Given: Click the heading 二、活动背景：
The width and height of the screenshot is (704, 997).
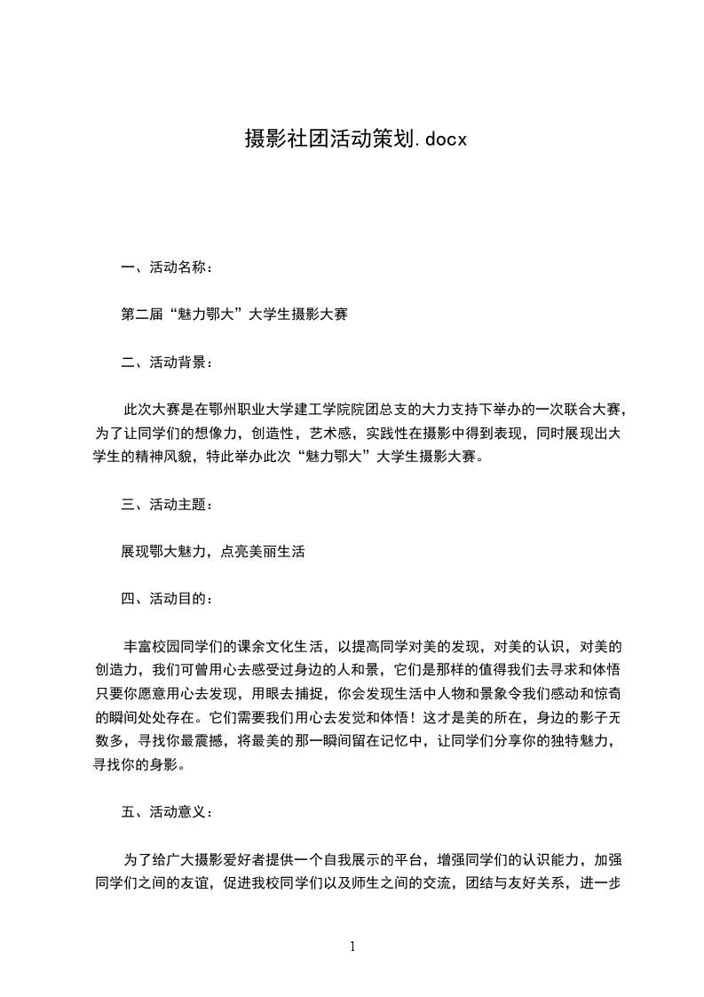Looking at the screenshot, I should [167, 363].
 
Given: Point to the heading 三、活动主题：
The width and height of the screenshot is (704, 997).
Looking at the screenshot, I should [167, 505].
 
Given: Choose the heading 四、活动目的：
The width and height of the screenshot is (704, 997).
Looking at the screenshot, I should [167, 599].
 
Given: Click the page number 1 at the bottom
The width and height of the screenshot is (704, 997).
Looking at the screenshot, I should [352, 946].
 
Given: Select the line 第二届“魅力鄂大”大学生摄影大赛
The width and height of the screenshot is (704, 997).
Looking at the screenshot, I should [233, 315].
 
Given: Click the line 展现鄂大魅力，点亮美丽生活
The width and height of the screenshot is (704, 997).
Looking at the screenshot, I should [213, 552].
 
